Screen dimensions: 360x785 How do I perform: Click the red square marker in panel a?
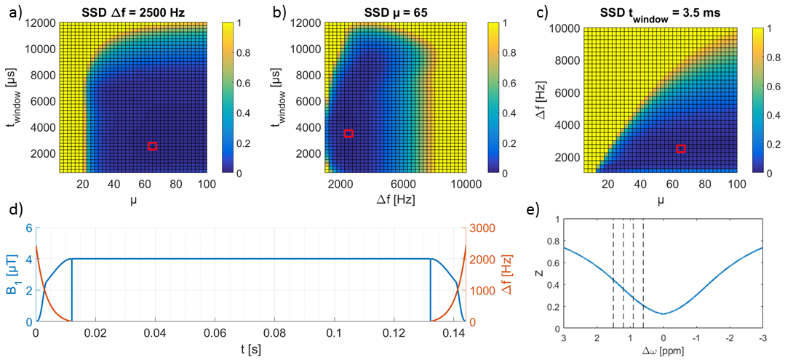[152, 146]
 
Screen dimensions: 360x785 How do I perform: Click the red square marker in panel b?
[348, 133]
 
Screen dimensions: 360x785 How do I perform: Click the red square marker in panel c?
[681, 148]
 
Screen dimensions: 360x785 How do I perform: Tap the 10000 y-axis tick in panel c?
[561, 28]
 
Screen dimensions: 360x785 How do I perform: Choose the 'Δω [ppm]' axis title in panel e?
[663, 351]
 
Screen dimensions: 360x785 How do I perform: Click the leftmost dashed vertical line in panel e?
[613, 273]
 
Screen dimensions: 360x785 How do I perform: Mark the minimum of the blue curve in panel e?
[663, 313]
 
